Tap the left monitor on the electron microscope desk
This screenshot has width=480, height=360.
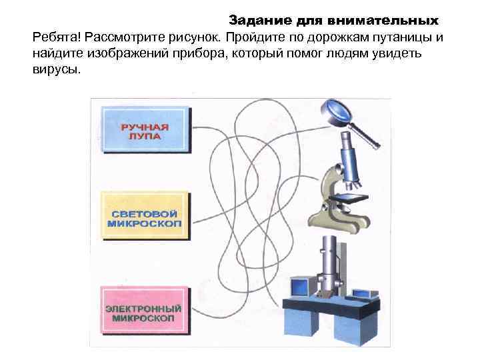click(x=299, y=287)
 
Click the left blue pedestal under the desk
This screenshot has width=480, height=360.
click(x=306, y=327)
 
